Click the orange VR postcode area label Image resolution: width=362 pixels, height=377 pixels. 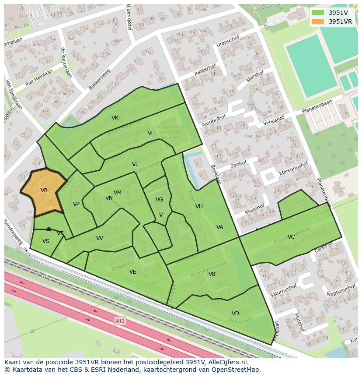click(44, 190)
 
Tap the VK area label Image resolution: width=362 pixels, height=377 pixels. click(115, 118)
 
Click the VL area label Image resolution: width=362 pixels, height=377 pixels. click(151, 134)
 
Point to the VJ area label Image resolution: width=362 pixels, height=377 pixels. click(135, 164)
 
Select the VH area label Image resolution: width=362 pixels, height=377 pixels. click(199, 206)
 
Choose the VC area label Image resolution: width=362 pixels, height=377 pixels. click(291, 237)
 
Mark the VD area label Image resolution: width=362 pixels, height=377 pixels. click(235, 314)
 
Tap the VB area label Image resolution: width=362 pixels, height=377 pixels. click(212, 274)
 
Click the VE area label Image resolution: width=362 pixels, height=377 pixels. click(133, 272)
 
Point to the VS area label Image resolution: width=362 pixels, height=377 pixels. click(46, 241)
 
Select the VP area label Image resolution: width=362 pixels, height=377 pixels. click(76, 204)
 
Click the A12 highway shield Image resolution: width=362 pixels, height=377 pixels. click(120, 321)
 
